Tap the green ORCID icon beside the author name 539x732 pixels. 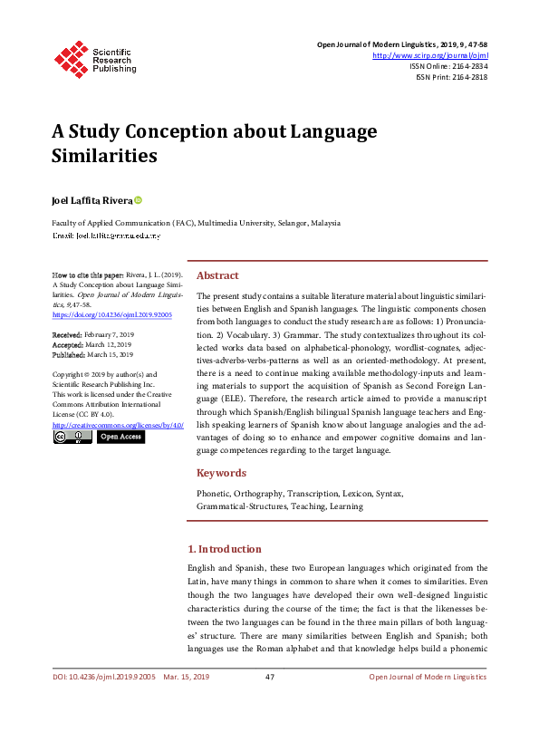[x=139, y=199]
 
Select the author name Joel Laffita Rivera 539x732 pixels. [x=91, y=200]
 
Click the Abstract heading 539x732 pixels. [x=217, y=275]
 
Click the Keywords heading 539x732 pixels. [x=221, y=473]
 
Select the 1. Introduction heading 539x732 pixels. [x=224, y=549]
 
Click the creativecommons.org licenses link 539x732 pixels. [x=118, y=424]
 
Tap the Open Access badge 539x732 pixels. [x=120, y=437]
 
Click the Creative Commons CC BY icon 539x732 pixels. [x=72, y=437]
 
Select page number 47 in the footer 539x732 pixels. [x=269, y=678]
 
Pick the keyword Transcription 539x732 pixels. [x=315, y=494]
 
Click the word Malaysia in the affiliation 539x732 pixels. [x=325, y=221]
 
